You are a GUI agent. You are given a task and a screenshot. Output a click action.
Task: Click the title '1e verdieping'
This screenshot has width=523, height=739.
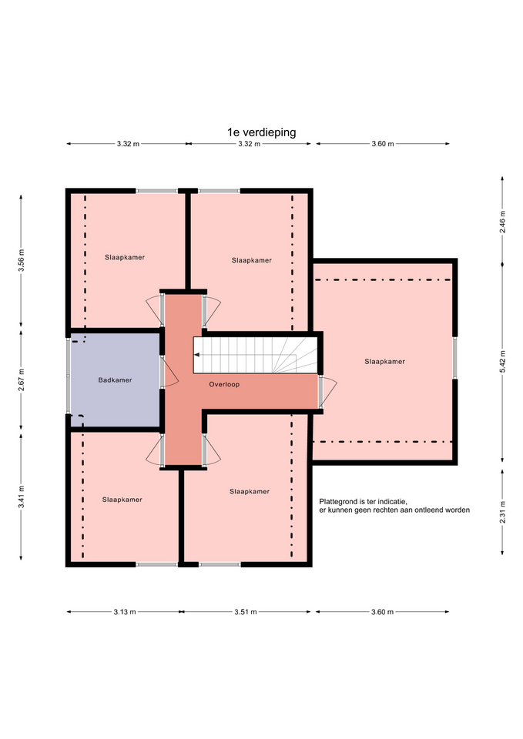[x=261, y=132]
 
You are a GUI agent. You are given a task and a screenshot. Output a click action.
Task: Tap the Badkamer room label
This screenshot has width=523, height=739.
[x=115, y=380]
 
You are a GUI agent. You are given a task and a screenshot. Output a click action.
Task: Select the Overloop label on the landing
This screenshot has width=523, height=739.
[x=224, y=385]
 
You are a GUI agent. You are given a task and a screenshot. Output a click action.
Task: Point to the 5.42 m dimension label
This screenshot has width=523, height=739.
[x=502, y=362]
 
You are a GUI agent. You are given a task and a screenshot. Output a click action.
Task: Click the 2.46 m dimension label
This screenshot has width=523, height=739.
[x=502, y=222]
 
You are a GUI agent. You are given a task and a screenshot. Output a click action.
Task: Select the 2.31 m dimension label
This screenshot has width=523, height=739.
[x=502, y=512]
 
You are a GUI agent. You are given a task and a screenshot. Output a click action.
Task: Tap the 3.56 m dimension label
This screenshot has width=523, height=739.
[x=21, y=261]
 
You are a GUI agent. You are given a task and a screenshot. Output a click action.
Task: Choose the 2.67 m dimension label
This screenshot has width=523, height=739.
[x=21, y=380]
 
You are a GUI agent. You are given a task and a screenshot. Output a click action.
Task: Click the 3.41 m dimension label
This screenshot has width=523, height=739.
[x=21, y=497]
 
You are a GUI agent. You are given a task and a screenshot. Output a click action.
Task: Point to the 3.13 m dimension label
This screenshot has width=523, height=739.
[x=125, y=612]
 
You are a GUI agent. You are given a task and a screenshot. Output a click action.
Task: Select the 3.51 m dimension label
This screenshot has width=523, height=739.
[x=246, y=612]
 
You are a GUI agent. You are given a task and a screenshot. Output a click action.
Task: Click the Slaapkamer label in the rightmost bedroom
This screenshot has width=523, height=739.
[x=384, y=362]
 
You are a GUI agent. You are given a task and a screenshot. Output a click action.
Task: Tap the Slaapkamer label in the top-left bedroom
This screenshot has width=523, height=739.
[x=125, y=257]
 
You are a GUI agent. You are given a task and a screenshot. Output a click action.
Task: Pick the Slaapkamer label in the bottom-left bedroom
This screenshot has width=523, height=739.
[x=122, y=500]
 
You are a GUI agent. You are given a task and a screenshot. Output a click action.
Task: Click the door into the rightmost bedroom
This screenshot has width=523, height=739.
[x=328, y=392]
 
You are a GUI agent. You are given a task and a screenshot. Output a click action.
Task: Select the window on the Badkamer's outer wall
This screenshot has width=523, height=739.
[x=68, y=376]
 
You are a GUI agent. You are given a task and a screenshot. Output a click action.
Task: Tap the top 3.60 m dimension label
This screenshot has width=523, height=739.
[x=383, y=144]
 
